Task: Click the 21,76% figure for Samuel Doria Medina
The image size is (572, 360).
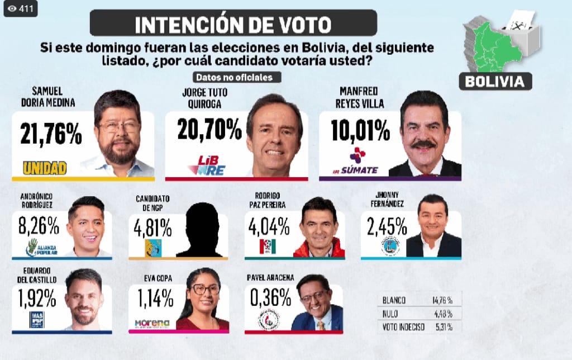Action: (51, 134)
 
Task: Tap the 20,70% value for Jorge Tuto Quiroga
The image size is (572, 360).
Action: (209, 129)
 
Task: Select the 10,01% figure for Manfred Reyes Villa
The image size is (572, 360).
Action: (360, 130)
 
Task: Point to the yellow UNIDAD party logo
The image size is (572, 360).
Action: (44, 167)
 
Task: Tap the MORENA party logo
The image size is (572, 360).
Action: (152, 323)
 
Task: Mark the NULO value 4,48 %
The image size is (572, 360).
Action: (442, 314)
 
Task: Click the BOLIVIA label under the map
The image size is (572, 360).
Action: (495, 81)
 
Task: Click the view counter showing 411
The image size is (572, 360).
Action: (21, 8)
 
